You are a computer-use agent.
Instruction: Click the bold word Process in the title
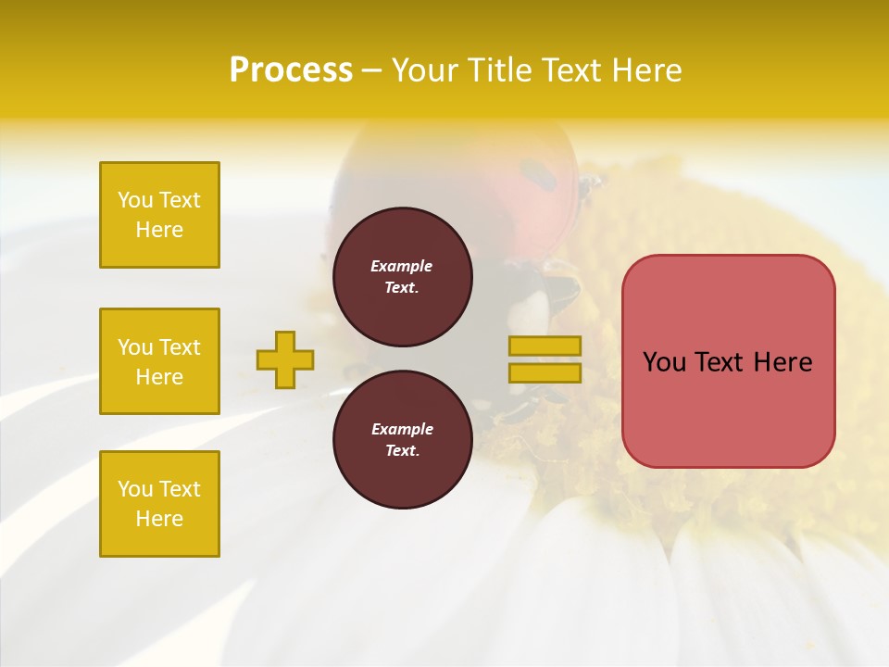(291, 70)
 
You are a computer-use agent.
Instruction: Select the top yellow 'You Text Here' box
(159, 215)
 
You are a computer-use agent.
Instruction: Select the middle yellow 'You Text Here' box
(159, 361)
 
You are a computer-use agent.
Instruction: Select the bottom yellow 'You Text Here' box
(159, 504)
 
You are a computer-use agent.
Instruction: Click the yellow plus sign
(285, 359)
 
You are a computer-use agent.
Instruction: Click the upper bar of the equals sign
(545, 346)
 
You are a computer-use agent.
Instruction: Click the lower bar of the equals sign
(545, 373)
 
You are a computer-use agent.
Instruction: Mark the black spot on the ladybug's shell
(534, 170)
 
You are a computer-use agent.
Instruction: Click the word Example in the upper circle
(402, 266)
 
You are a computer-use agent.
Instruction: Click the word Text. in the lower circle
(402, 451)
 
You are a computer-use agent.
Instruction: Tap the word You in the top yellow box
(135, 200)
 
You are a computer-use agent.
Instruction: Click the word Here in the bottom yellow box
(159, 519)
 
